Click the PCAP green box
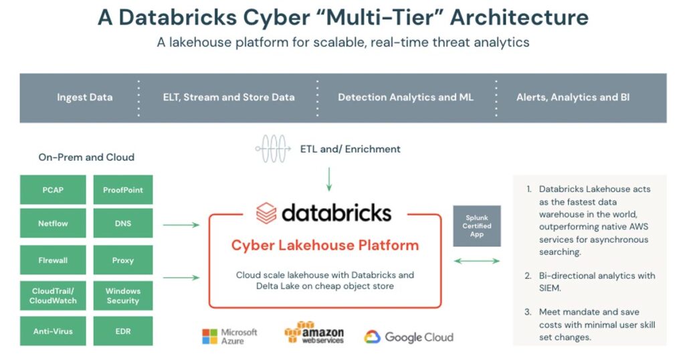click(x=53, y=189)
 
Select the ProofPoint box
click(x=123, y=189)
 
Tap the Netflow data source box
click(x=53, y=223)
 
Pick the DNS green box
click(x=123, y=223)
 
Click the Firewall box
click(x=53, y=260)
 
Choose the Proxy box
click(x=123, y=260)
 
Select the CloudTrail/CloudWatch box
click(x=53, y=296)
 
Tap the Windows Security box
click(x=123, y=296)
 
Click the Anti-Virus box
click(x=53, y=331)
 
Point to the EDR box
click(x=123, y=331)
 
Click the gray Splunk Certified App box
click(x=476, y=226)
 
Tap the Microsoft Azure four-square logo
click(x=210, y=336)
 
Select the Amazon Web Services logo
click(x=314, y=333)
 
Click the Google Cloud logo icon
click(x=372, y=337)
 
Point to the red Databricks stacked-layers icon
click(x=266, y=213)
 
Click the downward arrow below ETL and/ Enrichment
click(x=329, y=179)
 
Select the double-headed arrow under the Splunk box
click(x=476, y=260)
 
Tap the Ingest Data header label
click(x=85, y=97)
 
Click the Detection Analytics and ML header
click(x=405, y=97)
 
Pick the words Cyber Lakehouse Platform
click(x=325, y=245)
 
